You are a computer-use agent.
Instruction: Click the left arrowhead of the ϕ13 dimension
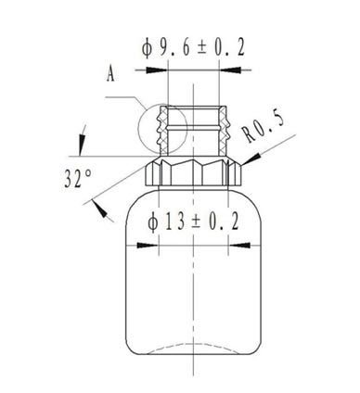click(152, 246)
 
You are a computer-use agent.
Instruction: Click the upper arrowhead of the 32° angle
click(81, 145)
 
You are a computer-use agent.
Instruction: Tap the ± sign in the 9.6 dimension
click(199, 50)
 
